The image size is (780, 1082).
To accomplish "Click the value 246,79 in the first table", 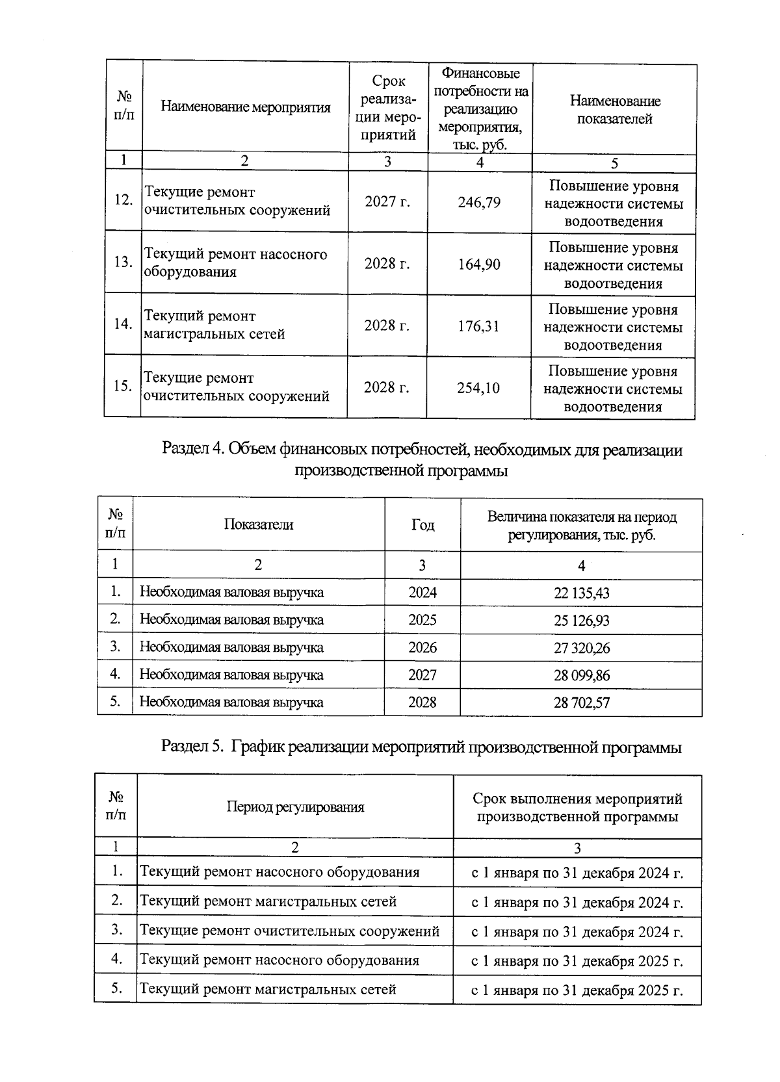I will point(479,202).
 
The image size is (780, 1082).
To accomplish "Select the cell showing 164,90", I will point(479,264).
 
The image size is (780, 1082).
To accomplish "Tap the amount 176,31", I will point(478,326).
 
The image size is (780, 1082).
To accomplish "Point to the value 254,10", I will point(478,388).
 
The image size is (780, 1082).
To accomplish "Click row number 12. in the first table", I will point(123,200).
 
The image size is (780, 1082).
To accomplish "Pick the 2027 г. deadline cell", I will point(387,201).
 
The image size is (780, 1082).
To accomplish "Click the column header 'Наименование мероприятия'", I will point(246,107).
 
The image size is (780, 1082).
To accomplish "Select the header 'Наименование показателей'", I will point(614,110).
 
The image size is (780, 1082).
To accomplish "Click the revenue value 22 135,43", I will point(581,593).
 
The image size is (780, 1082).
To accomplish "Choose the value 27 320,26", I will point(581,648).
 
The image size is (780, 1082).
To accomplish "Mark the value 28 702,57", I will point(581,702).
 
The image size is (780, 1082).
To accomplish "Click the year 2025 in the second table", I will point(422,620).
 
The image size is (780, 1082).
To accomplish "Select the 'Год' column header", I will point(422,525).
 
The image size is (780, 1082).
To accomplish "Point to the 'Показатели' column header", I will point(258,524).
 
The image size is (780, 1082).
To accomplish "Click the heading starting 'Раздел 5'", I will point(421,747).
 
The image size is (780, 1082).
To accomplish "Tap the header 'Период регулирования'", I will point(295,806).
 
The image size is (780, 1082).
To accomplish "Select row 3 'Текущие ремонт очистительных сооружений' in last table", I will point(290,931).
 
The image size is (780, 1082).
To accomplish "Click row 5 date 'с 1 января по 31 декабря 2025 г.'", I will point(577,991).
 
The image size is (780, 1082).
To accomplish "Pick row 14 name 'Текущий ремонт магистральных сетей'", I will point(214,325).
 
